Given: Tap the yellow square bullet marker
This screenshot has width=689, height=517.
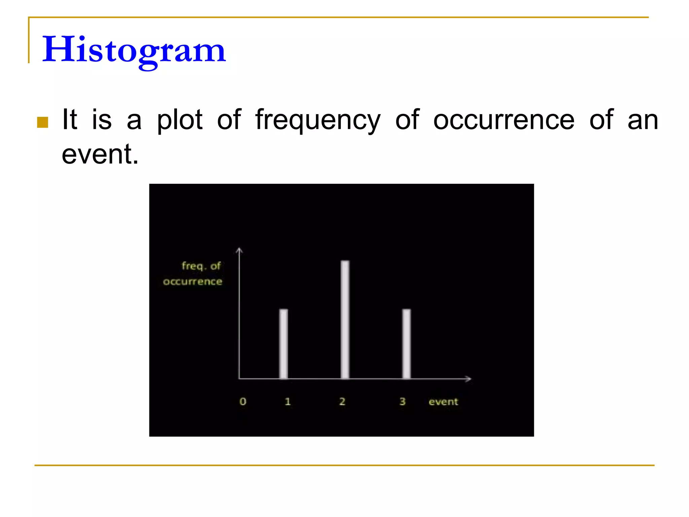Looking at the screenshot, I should [x=43, y=122].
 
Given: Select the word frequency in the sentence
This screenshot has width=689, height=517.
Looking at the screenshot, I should [x=318, y=120].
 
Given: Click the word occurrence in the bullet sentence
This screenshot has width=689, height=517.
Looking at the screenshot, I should [x=504, y=120].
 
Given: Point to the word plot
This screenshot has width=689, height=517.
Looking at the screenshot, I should [x=180, y=120].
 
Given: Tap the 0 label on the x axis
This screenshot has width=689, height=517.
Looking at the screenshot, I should [x=243, y=401].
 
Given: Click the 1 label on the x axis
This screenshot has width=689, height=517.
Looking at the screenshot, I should [x=288, y=401].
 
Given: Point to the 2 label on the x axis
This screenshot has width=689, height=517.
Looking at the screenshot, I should [x=342, y=401].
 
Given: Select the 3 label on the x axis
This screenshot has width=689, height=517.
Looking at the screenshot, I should [x=402, y=401].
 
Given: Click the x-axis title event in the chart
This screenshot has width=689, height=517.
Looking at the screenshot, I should [x=443, y=402].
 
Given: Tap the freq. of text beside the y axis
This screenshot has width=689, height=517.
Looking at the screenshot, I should [x=201, y=266].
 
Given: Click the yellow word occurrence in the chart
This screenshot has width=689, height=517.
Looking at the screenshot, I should [x=192, y=281].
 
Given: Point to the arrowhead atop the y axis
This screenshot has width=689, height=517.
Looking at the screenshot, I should [x=239, y=250].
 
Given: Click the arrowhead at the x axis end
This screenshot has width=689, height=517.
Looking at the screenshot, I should [x=469, y=379].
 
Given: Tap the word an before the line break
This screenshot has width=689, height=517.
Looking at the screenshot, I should [x=643, y=120].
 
